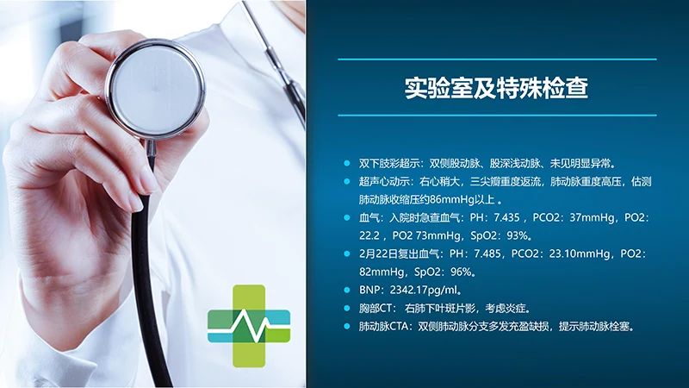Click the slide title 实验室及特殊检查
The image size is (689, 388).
497,87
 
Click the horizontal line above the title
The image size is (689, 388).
497,59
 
